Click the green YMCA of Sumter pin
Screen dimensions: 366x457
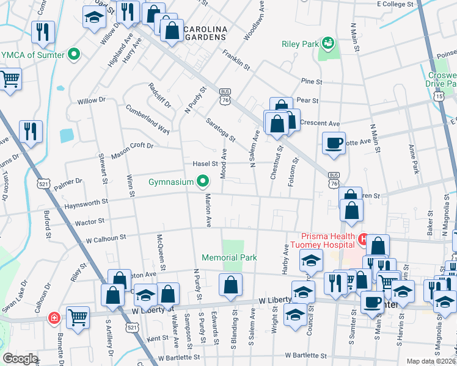click(x=75, y=55)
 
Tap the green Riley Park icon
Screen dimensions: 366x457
click(x=329, y=43)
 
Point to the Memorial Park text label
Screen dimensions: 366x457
click(x=230, y=258)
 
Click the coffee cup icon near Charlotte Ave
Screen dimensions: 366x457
click(x=334, y=143)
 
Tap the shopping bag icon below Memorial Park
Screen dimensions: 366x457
click(x=231, y=284)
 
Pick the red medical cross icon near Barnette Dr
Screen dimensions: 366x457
click(x=54, y=318)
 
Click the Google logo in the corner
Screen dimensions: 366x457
click(x=20, y=359)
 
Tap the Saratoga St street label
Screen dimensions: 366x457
click(x=221, y=129)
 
